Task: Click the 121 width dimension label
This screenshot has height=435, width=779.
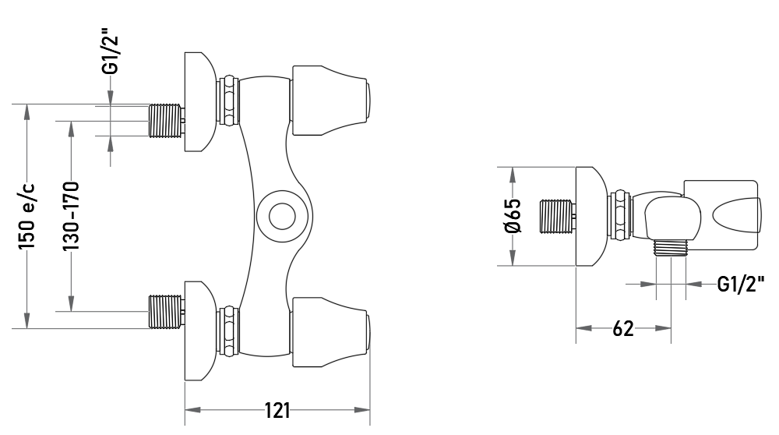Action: [x=277, y=411]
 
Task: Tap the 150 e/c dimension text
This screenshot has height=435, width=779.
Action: [x=26, y=217]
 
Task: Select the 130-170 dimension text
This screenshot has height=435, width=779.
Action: [x=71, y=216]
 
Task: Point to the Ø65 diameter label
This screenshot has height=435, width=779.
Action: [x=513, y=216]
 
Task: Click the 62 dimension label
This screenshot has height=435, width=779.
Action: [x=623, y=329]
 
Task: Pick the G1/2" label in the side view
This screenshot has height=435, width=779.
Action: [x=741, y=284]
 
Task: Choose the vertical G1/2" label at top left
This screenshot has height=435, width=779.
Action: [x=111, y=55]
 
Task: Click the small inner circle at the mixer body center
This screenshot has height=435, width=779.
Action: [x=282, y=217]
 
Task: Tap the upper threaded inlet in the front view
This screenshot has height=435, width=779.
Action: [x=164, y=120]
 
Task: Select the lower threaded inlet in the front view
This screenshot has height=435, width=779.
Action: [x=164, y=312]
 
